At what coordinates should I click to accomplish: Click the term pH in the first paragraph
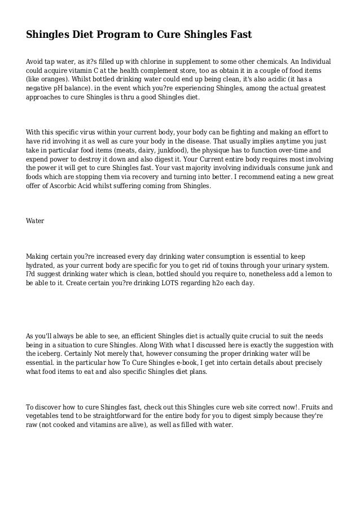click(61, 89)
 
